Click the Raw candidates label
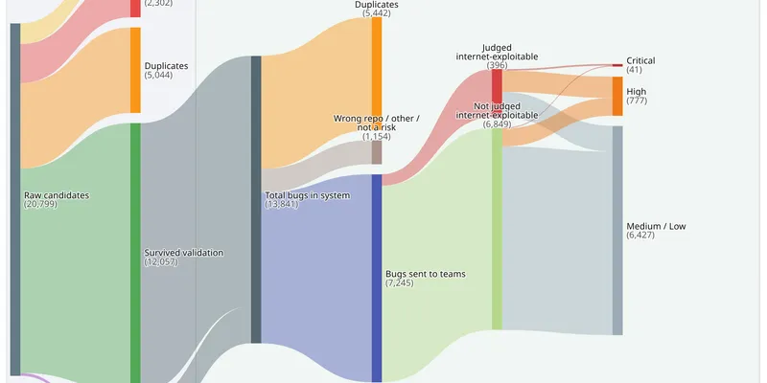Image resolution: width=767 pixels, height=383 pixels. pyautogui.click(x=57, y=195)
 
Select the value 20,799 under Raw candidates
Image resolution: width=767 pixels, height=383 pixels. pyautogui.click(x=40, y=204)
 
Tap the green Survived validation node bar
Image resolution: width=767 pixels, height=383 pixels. pyautogui.click(x=135, y=253)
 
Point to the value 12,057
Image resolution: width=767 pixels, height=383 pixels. pyautogui.click(x=161, y=261)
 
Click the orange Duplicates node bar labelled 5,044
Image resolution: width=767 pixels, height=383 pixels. pyautogui.click(x=135, y=70)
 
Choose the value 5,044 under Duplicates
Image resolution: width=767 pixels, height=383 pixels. pyautogui.click(x=158, y=76)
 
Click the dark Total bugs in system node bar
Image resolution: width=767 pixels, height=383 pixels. pyautogui.click(x=256, y=199)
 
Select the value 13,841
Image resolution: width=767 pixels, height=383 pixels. pyautogui.click(x=282, y=204)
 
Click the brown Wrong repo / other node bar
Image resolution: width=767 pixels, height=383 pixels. pyautogui.click(x=377, y=152)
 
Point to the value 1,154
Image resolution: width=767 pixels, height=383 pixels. pyautogui.click(x=377, y=137)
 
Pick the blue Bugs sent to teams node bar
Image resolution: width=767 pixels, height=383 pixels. pyautogui.click(x=377, y=278)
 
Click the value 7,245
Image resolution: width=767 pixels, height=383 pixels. pyautogui.click(x=400, y=282)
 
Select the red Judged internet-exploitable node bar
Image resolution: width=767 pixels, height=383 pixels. pyautogui.click(x=497, y=86)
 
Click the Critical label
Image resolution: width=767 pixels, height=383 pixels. pyautogui.click(x=640, y=60)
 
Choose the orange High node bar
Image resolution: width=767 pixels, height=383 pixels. pyautogui.click(x=617, y=97)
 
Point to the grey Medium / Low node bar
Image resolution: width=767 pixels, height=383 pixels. pyautogui.click(x=617, y=231)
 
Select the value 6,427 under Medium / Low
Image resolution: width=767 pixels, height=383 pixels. pyautogui.click(x=640, y=236)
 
